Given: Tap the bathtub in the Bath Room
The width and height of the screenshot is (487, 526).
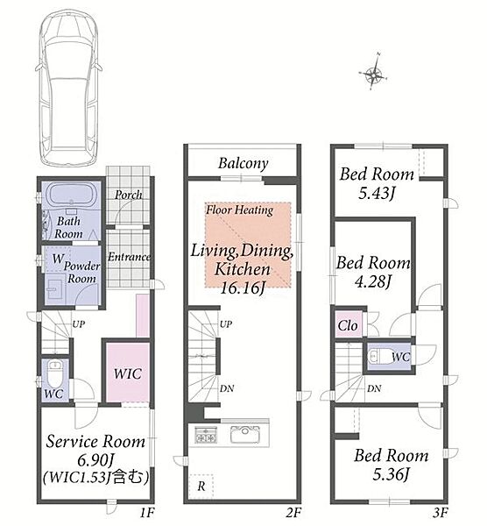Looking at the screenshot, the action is (72, 195).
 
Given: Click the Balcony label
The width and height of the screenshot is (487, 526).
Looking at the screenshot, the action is (243, 163).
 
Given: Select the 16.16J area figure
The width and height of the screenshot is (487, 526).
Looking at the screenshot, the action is (243, 288).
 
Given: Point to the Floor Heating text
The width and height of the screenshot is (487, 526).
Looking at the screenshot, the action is (239, 210).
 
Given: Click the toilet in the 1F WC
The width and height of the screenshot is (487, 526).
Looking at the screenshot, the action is (53, 373).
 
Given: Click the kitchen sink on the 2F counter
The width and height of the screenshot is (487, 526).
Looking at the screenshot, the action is (244, 434).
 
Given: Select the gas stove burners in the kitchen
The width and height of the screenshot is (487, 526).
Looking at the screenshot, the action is (205, 434).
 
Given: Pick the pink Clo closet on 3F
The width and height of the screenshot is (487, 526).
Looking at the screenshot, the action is (348, 324).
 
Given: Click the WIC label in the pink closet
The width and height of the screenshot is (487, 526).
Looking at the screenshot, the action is (127, 373).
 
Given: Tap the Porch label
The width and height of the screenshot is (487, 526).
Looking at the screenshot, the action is (128, 195).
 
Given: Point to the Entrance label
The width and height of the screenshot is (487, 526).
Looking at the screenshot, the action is (129, 257).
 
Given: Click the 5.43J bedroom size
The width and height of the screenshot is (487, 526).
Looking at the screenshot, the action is (376, 193).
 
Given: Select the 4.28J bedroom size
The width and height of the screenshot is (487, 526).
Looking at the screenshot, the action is (373, 281).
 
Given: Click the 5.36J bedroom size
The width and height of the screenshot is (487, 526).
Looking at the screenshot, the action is (391, 474).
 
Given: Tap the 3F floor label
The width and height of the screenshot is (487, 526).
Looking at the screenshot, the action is (440, 513).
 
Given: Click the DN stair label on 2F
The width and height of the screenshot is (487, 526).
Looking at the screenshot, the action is (227, 388).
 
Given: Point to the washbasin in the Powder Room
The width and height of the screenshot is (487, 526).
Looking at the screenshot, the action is (53, 289).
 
